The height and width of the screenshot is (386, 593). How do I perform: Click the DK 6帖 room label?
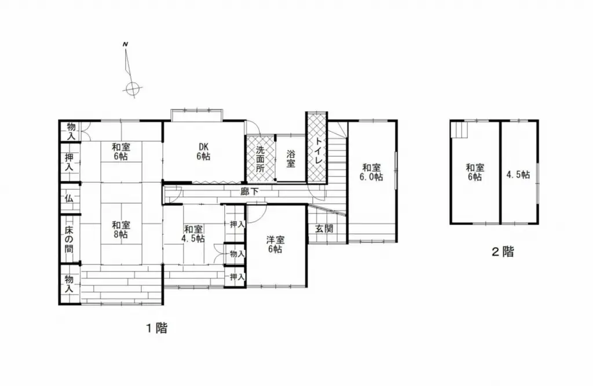(202, 151)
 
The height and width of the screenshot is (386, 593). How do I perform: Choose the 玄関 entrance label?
(324, 228)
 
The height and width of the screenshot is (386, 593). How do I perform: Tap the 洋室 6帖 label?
(274, 244)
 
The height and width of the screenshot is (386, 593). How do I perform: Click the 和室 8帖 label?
(120, 230)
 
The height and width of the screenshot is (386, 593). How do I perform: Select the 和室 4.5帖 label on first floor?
(193, 233)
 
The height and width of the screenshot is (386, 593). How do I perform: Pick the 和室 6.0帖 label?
(372, 172)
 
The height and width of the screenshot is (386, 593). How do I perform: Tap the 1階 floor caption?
(156, 328)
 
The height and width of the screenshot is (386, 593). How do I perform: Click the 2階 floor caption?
(502, 252)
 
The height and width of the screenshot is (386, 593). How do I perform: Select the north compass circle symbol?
(133, 89)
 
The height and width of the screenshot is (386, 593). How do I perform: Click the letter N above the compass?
(125, 45)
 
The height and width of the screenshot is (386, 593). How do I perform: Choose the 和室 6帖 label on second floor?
(475, 172)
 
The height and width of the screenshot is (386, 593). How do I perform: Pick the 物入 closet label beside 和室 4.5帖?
(237, 253)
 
